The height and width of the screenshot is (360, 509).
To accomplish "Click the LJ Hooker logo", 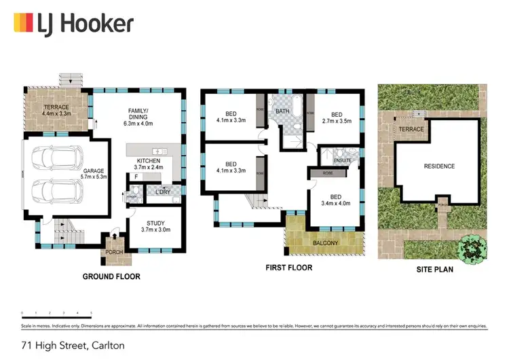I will (73, 24).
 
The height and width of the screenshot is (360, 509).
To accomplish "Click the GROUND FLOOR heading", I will (111, 276).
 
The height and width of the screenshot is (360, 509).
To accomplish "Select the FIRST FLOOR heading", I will (289, 268).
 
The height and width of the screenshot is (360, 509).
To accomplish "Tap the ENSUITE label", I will (343, 160).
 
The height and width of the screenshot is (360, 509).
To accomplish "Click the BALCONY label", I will (326, 242).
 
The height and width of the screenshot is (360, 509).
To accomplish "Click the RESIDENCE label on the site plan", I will (439, 166).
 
